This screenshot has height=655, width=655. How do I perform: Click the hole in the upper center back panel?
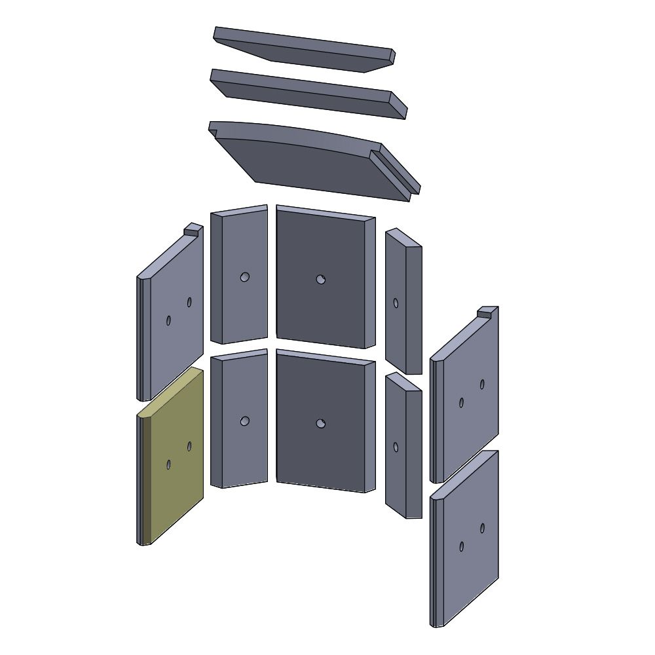[320, 280]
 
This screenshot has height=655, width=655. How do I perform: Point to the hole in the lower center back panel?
[320, 424]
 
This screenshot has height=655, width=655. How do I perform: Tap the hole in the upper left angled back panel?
[244, 277]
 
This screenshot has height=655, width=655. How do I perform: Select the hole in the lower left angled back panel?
[244, 421]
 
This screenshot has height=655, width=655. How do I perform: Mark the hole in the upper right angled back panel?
[396, 303]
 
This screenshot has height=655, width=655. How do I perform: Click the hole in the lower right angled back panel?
[396, 447]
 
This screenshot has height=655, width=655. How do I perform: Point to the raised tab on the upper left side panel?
[193, 229]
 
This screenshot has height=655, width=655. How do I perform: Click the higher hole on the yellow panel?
[189, 446]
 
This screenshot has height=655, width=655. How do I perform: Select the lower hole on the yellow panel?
[168, 464]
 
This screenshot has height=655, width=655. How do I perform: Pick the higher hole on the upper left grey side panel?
[189, 302]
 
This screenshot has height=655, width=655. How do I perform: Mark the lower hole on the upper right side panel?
[461, 403]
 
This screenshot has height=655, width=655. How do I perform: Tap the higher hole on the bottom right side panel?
[482, 528]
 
